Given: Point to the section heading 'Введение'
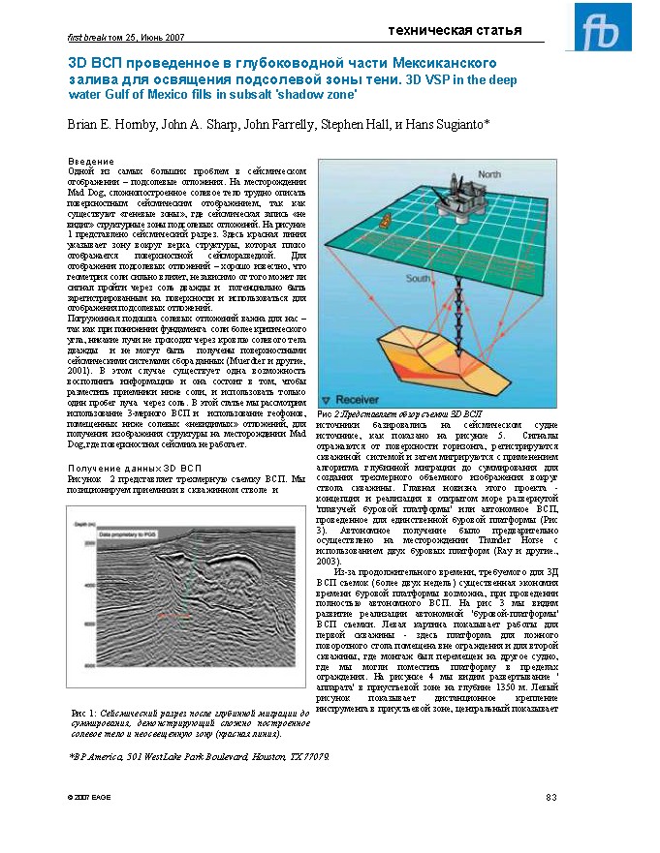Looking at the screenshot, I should (90, 160).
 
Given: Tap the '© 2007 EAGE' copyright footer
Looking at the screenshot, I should (88, 797).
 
